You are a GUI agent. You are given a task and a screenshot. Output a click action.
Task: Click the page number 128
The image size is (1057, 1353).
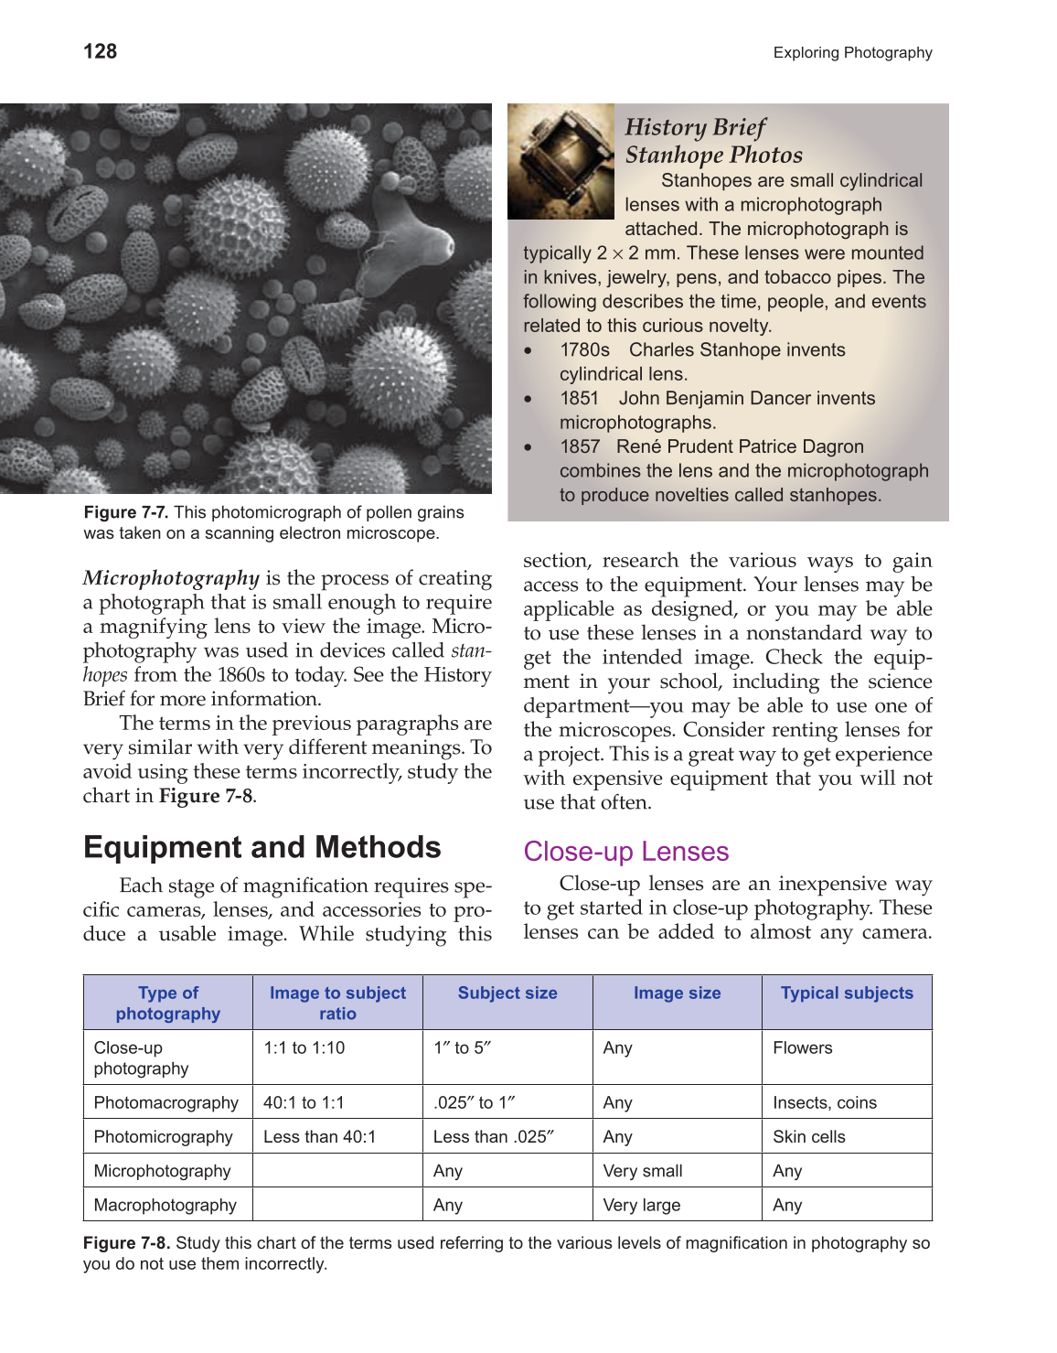tap(100, 51)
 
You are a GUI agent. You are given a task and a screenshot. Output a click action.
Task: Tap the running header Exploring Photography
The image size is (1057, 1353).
tap(852, 53)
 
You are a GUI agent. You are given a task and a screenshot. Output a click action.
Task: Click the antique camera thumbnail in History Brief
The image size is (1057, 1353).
tap(561, 162)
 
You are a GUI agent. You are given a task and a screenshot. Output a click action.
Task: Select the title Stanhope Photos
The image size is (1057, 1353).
tap(713, 155)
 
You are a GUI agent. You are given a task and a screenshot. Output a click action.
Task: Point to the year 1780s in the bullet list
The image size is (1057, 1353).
tap(584, 350)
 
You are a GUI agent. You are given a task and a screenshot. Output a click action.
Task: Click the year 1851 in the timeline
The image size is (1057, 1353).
tap(579, 399)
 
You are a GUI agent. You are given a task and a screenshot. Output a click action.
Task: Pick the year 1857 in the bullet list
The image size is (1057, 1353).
tap(580, 447)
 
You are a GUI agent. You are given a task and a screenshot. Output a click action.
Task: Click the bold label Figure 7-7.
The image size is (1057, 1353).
tap(125, 512)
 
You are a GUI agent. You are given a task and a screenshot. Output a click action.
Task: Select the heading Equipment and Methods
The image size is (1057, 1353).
tap(262, 847)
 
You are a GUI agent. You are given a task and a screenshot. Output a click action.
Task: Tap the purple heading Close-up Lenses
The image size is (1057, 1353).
tap(625, 852)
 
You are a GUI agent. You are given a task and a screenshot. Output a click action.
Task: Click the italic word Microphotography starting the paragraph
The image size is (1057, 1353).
tap(171, 578)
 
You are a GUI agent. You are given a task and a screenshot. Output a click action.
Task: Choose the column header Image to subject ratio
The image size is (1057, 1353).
tap(337, 1003)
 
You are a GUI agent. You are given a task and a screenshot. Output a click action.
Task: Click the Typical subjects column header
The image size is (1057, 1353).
tap(847, 993)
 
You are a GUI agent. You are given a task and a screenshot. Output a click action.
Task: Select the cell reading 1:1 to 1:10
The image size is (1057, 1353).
tap(304, 1048)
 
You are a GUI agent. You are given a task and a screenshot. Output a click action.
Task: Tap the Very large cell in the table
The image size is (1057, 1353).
tap(641, 1206)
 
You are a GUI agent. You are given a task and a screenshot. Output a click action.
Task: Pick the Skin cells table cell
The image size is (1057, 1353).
tap(808, 1137)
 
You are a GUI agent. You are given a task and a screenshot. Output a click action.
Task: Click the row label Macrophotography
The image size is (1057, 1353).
tap(165, 1206)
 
